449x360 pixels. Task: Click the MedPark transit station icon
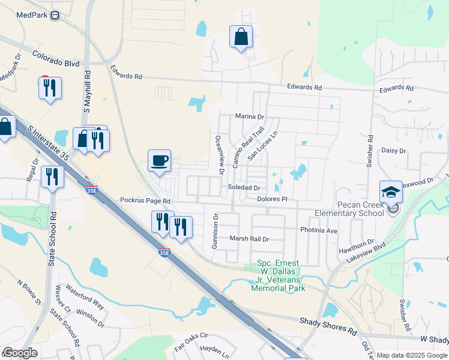pos(55,15)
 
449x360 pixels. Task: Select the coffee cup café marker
pos(160,161)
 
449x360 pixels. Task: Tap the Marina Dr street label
pos(250,116)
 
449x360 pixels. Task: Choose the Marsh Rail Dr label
pos(250,238)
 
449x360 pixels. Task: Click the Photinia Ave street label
pos(319,230)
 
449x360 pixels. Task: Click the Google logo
pos(20,353)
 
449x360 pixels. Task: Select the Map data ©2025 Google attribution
pos(412,355)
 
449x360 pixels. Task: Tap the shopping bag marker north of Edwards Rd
pos(241,37)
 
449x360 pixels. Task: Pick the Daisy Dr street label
pos(394,151)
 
